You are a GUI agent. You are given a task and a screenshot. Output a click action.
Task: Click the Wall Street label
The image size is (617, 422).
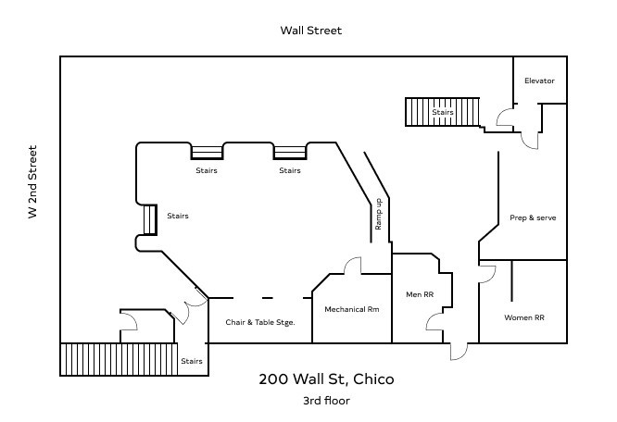[x=311, y=31]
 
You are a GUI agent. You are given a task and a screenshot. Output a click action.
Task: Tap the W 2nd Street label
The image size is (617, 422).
[x=32, y=181]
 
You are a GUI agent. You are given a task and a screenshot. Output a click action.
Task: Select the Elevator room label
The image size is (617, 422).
[x=539, y=81]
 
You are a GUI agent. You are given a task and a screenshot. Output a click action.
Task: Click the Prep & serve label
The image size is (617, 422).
[x=533, y=217]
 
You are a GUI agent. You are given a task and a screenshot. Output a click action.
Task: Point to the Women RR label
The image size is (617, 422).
[x=524, y=317]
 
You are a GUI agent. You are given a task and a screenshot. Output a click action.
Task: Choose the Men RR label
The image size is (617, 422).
[x=420, y=294]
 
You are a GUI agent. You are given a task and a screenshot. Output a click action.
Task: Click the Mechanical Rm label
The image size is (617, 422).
[x=352, y=309]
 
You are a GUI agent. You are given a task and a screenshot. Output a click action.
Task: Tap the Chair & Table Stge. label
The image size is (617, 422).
[x=260, y=322]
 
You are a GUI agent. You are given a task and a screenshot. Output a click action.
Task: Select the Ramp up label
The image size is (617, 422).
[x=378, y=214]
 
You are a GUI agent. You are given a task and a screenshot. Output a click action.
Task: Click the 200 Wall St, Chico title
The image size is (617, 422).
[x=326, y=379]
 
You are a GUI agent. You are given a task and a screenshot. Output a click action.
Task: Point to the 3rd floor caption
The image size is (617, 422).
[x=326, y=401]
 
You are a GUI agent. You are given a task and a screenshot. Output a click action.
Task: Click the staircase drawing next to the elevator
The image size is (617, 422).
[x=442, y=112]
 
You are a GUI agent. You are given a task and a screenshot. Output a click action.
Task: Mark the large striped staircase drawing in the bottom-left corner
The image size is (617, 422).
[x=119, y=359]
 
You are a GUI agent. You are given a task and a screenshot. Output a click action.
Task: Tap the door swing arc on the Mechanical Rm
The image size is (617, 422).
[x=352, y=266]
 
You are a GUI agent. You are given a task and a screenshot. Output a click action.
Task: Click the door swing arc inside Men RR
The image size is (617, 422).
[x=434, y=322]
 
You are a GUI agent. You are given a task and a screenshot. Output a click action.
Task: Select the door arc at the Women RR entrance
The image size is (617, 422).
[x=487, y=274]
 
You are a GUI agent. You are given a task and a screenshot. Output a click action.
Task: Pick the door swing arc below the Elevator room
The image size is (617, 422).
[x=530, y=141]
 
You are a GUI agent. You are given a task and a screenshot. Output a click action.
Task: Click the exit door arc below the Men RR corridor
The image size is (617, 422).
[x=459, y=352]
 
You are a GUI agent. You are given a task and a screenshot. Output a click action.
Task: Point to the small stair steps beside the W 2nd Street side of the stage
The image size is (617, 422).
[x=150, y=220]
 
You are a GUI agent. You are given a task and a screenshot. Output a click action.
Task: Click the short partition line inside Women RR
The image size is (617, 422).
[x=511, y=280]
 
